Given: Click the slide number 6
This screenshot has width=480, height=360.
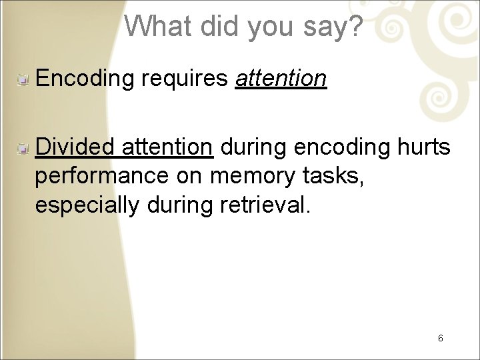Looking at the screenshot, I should (441, 338).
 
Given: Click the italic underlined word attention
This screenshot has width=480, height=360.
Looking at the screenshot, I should (281, 79).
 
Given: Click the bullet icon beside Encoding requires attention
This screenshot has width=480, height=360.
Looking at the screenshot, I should (22, 80).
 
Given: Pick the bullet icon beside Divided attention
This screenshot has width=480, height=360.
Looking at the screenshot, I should (22, 149).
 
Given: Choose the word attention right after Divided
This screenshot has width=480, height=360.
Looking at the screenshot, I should (167, 147).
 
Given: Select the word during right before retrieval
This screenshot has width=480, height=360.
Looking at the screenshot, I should (180, 205).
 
